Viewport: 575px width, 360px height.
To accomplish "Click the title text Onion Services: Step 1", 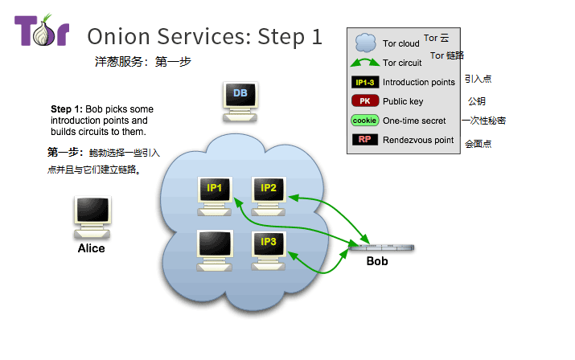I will [204, 36].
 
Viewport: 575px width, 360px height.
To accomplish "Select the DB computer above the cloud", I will [240, 99].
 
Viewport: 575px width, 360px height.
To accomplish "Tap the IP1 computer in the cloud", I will [216, 194].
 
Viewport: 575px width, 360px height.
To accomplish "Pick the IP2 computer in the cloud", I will [269, 194].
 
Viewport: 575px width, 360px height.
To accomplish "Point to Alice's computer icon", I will [91, 216].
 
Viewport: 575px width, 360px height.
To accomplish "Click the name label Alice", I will [91, 248].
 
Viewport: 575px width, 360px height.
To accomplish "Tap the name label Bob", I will [377, 262].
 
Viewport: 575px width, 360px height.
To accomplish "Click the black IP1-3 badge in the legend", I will [364, 82].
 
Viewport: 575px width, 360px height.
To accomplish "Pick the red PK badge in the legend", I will [364, 101].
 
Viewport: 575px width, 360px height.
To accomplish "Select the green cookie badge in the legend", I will [364, 121].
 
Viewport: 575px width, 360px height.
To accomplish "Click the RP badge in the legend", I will [364, 140].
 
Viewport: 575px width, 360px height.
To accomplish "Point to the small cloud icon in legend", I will [366, 43].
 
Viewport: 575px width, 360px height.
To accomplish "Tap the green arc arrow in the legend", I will [365, 63].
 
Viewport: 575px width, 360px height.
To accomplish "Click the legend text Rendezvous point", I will [418, 141].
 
